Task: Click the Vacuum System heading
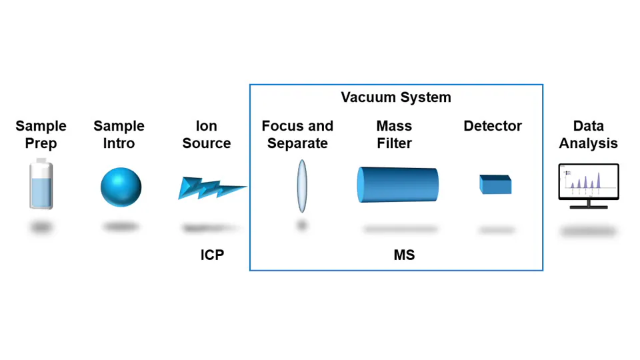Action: [x=396, y=97]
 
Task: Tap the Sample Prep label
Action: [x=41, y=135]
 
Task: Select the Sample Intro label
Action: [x=119, y=135]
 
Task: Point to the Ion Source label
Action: [x=207, y=135]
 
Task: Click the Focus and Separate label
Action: [x=297, y=135]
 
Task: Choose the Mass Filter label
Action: [x=394, y=135]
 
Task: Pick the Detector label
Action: [x=493, y=126]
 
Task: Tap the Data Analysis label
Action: [x=588, y=135]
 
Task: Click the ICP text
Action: [x=212, y=255]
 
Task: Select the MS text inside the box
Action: [x=404, y=255]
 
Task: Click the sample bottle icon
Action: [x=41, y=187]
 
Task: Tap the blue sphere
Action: [x=121, y=187]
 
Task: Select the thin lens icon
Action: [x=301, y=186]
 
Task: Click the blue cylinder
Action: [x=400, y=185]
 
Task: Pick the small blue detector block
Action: [x=495, y=185]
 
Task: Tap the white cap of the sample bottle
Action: [x=41, y=162]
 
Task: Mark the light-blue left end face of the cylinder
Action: [x=362, y=185]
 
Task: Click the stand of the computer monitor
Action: [x=589, y=205]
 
